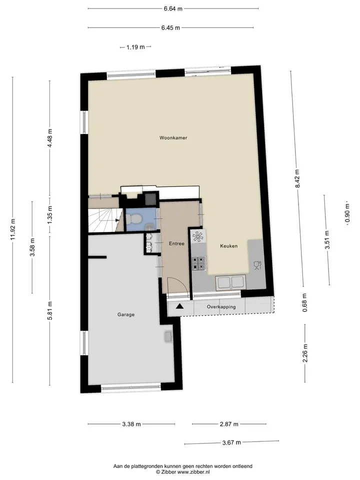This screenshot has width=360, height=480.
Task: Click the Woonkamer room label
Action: (x=173, y=138)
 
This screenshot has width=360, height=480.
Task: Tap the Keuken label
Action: (x=228, y=246)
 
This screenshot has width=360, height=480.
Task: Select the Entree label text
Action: (x=176, y=243)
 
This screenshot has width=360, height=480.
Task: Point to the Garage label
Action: (x=126, y=314)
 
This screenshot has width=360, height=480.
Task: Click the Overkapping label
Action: (x=221, y=306)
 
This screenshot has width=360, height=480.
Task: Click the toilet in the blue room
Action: (x=134, y=218)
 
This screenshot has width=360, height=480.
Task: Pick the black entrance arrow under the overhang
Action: (x=179, y=305)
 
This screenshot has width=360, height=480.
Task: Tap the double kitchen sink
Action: (x=230, y=282)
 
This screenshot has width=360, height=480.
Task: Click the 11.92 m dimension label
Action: (x=12, y=229)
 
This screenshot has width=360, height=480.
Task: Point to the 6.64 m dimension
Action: (x=173, y=8)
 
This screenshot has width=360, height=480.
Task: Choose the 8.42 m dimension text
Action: (x=297, y=179)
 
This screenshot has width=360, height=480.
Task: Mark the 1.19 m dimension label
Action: (x=135, y=47)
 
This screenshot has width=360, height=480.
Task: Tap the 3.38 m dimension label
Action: (x=131, y=424)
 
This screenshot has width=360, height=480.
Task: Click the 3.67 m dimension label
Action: (x=231, y=442)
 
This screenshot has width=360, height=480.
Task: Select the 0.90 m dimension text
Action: (x=347, y=213)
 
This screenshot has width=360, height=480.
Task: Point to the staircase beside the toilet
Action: (x=105, y=220)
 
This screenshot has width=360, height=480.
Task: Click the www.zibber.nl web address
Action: (x=193, y=472)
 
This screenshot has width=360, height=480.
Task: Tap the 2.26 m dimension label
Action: (x=305, y=353)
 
